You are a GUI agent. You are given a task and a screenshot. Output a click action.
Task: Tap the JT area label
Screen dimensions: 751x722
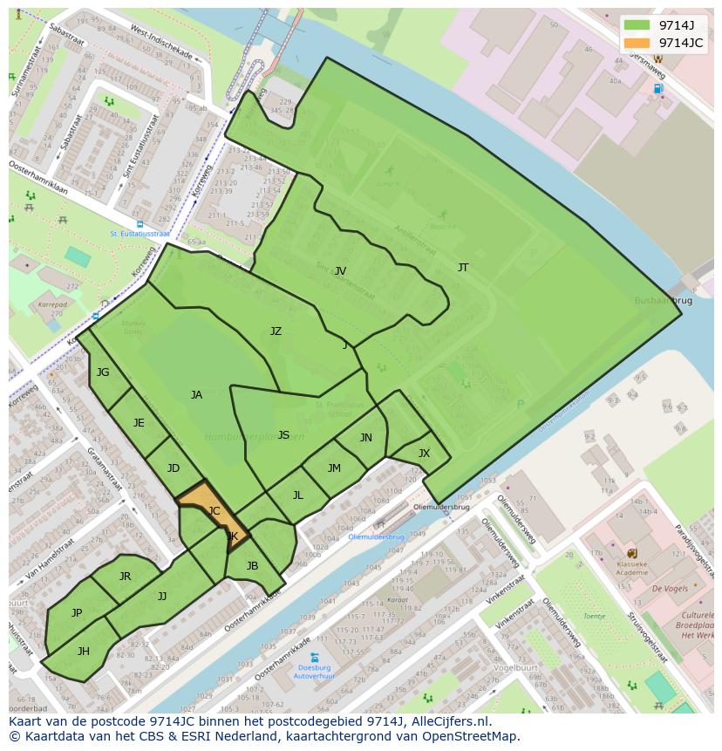(463, 268)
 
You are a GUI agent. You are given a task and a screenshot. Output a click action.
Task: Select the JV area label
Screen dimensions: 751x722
(340, 271)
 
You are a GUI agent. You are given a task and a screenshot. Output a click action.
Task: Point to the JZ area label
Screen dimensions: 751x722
(276, 331)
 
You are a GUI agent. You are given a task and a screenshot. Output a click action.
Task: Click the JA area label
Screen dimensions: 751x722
(196, 395)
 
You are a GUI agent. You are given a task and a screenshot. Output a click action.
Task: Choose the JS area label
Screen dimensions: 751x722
(283, 435)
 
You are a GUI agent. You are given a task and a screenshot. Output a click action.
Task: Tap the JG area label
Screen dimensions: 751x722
(103, 372)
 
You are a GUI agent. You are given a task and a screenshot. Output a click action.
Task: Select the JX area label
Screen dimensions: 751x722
(424, 454)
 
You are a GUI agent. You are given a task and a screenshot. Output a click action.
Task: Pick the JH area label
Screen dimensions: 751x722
(84, 652)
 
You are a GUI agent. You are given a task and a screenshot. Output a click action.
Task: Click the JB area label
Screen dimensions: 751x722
(253, 566)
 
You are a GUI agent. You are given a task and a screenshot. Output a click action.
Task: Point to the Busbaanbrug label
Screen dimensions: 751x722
(664, 300)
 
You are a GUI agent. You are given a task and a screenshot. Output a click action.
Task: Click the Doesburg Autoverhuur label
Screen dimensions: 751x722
(314, 671)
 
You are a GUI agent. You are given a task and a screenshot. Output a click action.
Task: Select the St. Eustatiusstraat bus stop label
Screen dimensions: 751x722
(140, 234)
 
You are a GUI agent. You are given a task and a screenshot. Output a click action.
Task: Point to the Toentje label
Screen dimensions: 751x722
(594, 616)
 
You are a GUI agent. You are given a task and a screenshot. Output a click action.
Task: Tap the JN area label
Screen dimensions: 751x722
(366, 438)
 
